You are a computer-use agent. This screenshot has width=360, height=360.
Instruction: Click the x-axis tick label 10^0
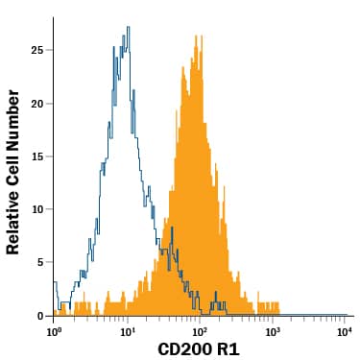pos(54,331)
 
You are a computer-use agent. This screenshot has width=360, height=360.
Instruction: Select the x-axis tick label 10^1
pos(127,331)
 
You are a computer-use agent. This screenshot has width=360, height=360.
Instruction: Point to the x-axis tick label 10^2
pos(200,331)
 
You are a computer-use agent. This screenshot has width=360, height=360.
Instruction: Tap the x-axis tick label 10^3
pos(273,331)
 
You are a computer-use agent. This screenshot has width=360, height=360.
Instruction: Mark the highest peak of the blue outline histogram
pos(127,28)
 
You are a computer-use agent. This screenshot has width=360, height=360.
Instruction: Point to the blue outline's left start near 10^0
pos(55,284)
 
